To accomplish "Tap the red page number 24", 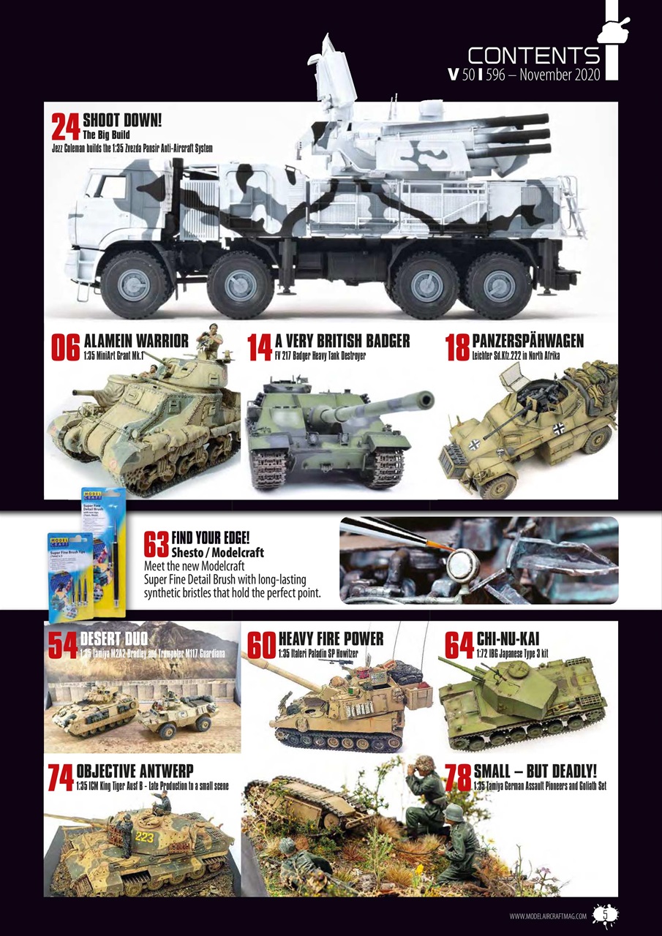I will (x=66, y=127).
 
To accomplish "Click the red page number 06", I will (x=65, y=348).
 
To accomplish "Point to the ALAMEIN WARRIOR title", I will (x=136, y=341).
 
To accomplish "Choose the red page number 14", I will (x=260, y=348).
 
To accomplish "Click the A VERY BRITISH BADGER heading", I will (x=342, y=341).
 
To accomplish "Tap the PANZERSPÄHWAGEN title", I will (x=528, y=341).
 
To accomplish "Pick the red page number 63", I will (x=157, y=544).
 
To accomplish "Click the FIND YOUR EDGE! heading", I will (x=209, y=538).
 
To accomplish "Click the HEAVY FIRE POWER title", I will (x=331, y=638).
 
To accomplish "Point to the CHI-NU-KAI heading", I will (x=508, y=638).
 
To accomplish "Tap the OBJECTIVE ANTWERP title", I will (x=135, y=772).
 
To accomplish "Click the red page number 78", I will (x=458, y=778).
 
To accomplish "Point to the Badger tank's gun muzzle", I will (x=426, y=399).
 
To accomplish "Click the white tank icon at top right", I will (x=615, y=29).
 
